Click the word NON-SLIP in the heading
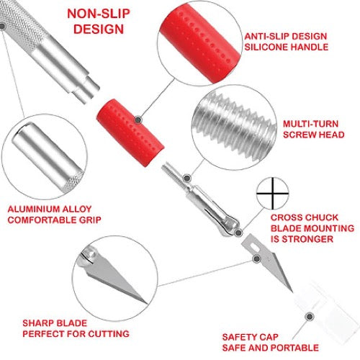(99, 14)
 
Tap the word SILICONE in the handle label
(264, 47)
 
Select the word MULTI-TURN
(310, 124)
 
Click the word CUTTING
(109, 334)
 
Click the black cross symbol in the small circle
(273, 193)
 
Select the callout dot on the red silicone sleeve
(138, 120)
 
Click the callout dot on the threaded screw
(186, 179)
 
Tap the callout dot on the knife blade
(256, 258)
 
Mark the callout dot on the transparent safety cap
(310, 317)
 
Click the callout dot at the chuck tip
(238, 233)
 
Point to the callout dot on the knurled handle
(2, 26)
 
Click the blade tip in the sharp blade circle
(146, 303)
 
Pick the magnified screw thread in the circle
(235, 127)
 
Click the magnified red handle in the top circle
(200, 43)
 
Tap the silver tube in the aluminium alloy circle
(48, 157)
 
